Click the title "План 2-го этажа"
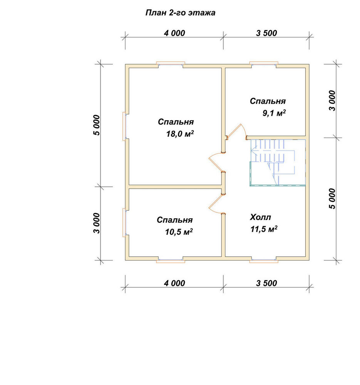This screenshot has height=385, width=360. pos(180,13)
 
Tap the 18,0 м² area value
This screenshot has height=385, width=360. pos(180,134)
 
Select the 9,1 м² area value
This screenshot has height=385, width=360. pos(274,113)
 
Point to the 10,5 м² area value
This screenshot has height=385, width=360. pos(179,231)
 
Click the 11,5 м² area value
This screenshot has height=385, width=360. pos(264,229)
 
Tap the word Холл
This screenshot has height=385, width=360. pos(260,217)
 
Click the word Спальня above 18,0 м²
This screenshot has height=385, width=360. pos(176,122)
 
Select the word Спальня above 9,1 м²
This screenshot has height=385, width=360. pos(268,101)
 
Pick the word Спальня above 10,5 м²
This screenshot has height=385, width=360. pos(174,220)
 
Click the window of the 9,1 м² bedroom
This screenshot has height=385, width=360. pos(264,64)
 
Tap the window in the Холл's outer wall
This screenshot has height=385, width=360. pos(264,260)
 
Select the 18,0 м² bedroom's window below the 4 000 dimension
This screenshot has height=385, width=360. pos(171,64)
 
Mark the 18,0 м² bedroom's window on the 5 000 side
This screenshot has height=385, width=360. pos(124,126)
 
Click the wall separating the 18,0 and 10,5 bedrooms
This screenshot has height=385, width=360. pos(175,187)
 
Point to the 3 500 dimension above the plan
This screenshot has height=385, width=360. pos(266,33)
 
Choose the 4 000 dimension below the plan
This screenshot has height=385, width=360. pos(174,283)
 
